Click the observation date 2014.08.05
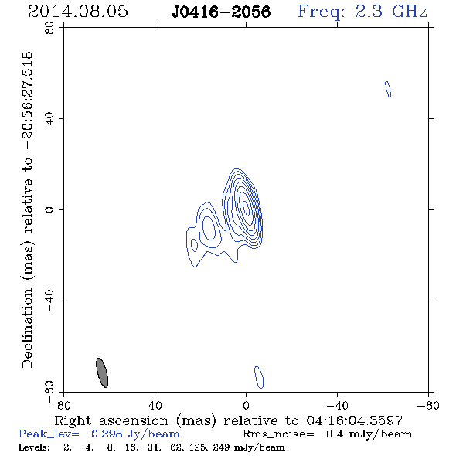pyautogui.click(x=78, y=12)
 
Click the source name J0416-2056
pyautogui.click(x=221, y=12)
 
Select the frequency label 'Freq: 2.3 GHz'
pyautogui.click(x=362, y=12)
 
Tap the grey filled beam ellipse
pyautogui.click(x=102, y=373)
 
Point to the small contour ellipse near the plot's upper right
pyautogui.click(x=388, y=89)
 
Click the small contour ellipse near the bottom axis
pyautogui.click(x=259, y=377)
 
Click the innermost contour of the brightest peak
pyautogui.click(x=246, y=208)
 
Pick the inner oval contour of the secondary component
pyautogui.click(x=209, y=228)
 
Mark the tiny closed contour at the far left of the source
pyautogui.click(x=194, y=245)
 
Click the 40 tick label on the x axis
pyautogui.click(x=155, y=406)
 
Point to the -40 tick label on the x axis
pyautogui.click(x=337, y=406)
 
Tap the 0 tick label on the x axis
pyautogui.click(x=246, y=406)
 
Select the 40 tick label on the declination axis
pyautogui.click(x=49, y=119)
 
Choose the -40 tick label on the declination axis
pyautogui.click(x=49, y=301)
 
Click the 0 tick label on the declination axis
pyautogui.click(x=49, y=209)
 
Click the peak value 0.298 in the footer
pyautogui.click(x=106, y=434)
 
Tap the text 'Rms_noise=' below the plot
pyautogui.click(x=278, y=434)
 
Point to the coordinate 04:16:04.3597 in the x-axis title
pyautogui.click(x=355, y=420)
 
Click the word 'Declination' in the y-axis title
pyautogui.click(x=27, y=328)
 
